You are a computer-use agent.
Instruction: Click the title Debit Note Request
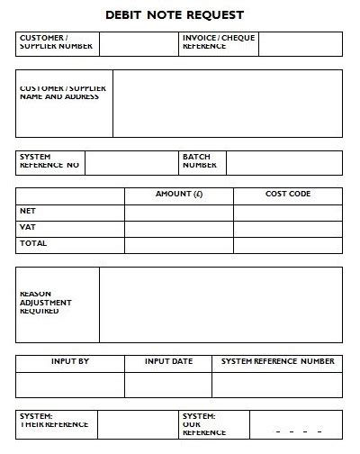point(181,15)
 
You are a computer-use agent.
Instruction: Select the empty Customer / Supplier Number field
point(139,43)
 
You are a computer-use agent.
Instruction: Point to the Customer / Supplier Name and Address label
point(62,92)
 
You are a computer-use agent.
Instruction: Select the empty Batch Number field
point(283,162)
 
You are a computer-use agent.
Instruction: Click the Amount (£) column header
point(179,195)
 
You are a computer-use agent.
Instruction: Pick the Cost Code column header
point(288,195)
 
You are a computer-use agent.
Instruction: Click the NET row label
point(28,211)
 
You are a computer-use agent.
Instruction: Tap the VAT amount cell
point(179,228)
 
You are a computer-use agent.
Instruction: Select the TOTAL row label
point(33,243)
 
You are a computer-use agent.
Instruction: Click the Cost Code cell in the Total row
point(288,243)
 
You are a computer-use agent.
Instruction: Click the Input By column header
point(70,362)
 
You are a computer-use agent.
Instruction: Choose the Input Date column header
point(169,362)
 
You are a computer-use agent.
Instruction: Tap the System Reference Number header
point(278,362)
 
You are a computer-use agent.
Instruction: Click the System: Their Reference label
point(54,421)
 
